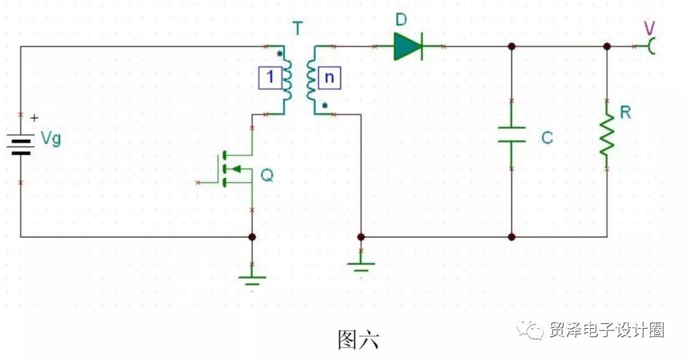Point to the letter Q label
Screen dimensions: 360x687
coord(267,175)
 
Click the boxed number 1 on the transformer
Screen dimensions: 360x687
coord(270,78)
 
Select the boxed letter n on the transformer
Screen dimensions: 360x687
coord(329,78)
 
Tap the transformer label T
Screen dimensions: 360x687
coord(297,28)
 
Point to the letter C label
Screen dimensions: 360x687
coord(547,138)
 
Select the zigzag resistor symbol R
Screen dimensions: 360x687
coord(607,134)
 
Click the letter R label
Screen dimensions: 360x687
coord(625,113)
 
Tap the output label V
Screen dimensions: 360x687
coord(649,29)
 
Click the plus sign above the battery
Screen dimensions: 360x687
coord(34,118)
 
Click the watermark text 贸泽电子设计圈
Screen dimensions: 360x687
coord(606,330)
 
